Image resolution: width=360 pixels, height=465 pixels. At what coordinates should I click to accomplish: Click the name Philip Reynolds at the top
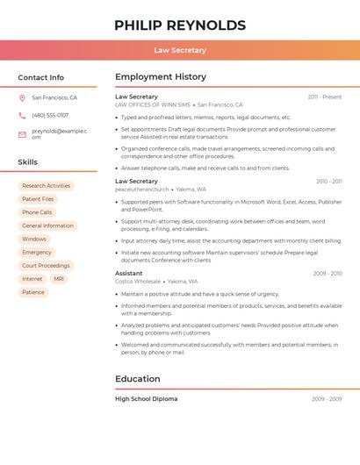coord(180,25)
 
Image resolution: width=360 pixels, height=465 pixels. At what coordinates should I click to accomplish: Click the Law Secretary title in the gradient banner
coord(180,50)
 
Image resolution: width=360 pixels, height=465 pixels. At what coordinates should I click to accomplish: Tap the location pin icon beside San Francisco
coord(22,97)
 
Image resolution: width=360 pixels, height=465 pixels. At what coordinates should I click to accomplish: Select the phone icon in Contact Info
coord(22,115)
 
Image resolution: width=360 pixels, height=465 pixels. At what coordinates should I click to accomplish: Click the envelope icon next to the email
coord(22,133)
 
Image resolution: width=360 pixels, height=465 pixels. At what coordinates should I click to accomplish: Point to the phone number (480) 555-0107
coord(50,115)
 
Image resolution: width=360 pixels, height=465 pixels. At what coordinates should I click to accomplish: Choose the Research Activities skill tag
coord(46,186)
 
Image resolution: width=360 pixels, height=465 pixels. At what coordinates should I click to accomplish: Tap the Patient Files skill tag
coord(38,199)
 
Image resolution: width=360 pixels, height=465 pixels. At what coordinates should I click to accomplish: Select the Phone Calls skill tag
coord(37,212)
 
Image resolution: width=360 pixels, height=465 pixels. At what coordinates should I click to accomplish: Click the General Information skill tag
coord(47,225)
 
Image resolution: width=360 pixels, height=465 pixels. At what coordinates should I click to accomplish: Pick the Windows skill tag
coord(34,239)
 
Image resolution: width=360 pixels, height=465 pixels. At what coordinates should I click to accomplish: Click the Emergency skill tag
coord(37,252)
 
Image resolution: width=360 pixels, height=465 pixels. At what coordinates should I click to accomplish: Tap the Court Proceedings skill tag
coord(46,266)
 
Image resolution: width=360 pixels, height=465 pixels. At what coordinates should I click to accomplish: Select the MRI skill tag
coord(59,279)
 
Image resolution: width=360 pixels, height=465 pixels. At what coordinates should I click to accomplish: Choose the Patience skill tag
coord(33,292)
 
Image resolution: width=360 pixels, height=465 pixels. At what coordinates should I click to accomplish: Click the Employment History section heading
coord(161,77)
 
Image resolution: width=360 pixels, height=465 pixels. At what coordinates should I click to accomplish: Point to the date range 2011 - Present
coord(325,97)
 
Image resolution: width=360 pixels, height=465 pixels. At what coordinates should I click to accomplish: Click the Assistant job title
coord(129,273)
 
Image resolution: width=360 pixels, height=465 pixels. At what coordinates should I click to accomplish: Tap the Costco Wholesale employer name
coord(139,282)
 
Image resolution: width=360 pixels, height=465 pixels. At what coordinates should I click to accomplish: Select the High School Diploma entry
coord(147,399)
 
